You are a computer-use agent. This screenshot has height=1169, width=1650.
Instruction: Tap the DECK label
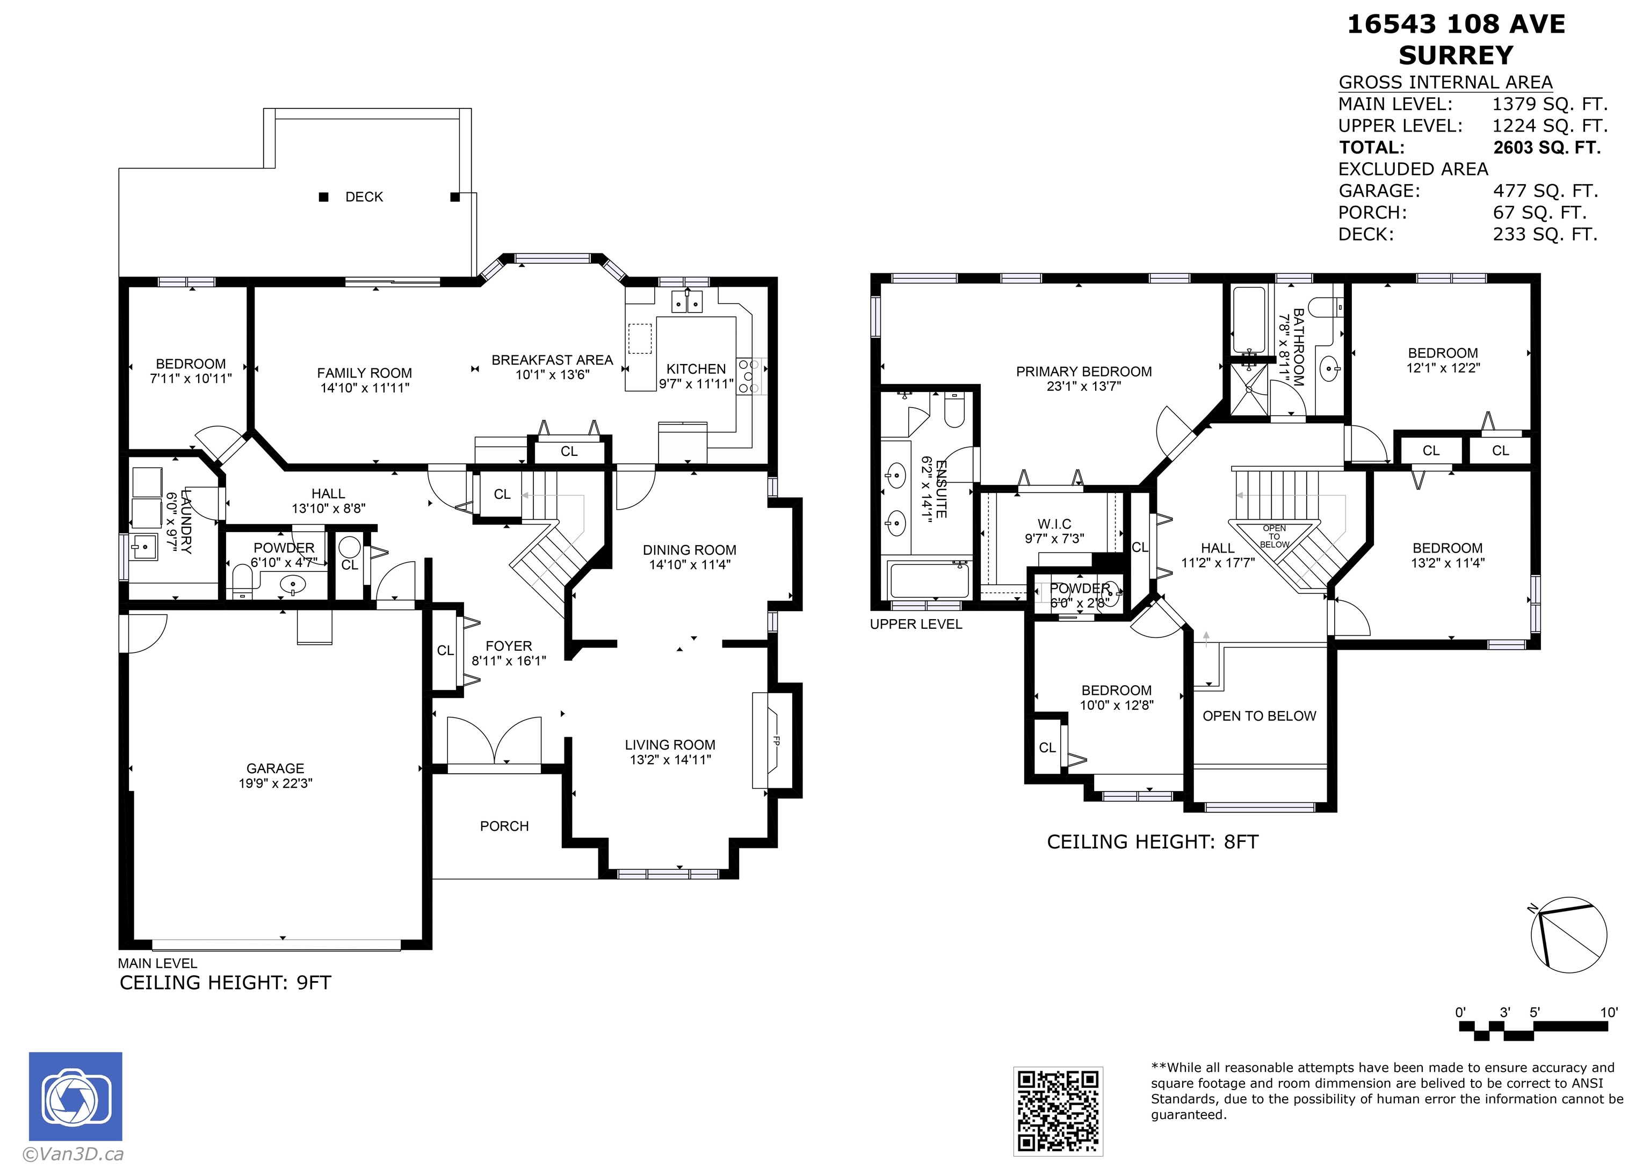[364, 197]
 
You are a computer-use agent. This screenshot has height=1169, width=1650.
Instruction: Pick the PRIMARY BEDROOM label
[1083, 372]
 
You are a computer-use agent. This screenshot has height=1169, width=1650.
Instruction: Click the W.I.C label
[1054, 524]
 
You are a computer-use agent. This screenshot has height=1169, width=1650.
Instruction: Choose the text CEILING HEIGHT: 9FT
[226, 983]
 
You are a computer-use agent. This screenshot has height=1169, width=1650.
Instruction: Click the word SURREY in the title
[1456, 55]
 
